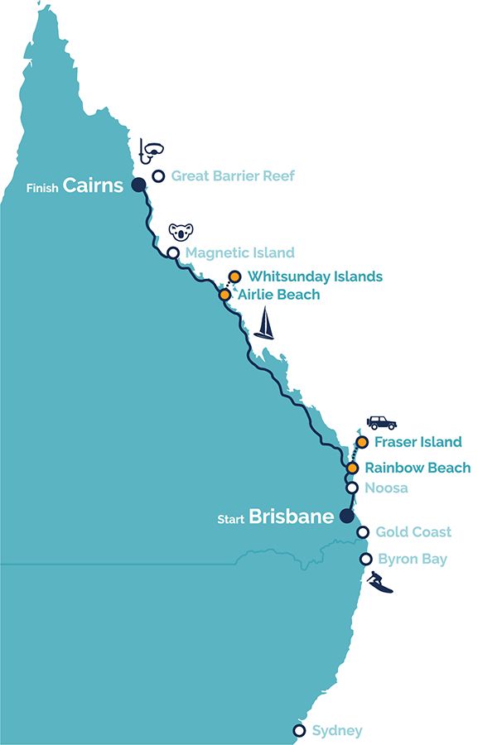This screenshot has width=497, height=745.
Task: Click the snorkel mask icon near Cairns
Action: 152,151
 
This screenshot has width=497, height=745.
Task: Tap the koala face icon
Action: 180,231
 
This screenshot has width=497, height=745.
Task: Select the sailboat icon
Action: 264,324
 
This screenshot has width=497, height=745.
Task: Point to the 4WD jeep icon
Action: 381,422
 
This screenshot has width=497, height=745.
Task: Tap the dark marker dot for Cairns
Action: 138,184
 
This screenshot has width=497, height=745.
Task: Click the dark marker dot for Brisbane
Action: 346,515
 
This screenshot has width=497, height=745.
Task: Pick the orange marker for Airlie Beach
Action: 224,294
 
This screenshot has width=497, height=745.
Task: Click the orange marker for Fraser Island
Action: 362,442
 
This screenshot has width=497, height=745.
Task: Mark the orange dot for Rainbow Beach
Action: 352,468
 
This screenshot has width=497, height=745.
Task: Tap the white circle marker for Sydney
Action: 299,730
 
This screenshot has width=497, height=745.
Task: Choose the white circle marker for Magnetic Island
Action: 173,252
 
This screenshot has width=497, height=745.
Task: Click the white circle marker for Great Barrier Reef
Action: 157,175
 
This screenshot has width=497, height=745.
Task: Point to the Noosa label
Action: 386,488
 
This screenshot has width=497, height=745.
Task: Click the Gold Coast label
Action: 413,532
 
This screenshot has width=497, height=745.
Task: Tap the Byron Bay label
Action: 412,560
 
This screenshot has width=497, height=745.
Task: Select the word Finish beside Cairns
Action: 41,187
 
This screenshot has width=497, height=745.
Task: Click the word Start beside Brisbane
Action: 230,520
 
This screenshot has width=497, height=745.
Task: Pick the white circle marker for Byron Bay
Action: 365,560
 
